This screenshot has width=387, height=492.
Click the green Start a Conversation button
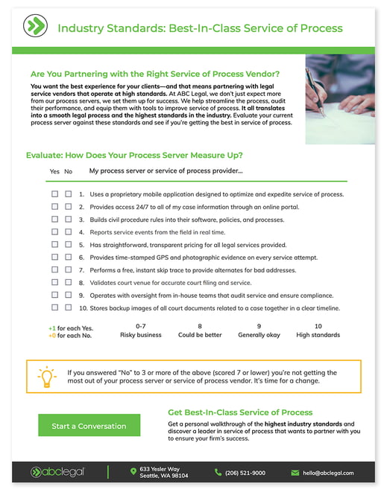(89, 425)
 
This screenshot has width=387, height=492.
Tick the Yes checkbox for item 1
(54, 194)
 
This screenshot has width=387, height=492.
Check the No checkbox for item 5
(68, 244)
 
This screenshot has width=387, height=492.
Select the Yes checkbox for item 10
(54, 307)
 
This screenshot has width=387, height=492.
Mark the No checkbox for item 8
(68, 282)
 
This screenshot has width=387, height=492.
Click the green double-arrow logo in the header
(35, 26)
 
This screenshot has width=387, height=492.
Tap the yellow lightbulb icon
(47, 377)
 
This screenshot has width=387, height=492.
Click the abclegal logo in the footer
(57, 472)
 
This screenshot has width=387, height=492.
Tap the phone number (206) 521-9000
(245, 473)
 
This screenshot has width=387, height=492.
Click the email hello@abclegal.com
(328, 473)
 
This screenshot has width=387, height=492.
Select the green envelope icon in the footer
(295, 473)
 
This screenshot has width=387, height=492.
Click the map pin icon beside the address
(133, 471)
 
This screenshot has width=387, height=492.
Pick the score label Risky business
(140, 335)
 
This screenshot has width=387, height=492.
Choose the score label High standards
(318, 335)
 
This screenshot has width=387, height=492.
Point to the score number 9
(259, 326)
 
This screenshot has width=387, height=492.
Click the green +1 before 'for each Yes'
(52, 328)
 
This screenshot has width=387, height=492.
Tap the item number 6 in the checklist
(81, 258)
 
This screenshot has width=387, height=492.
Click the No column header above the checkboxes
(68, 171)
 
